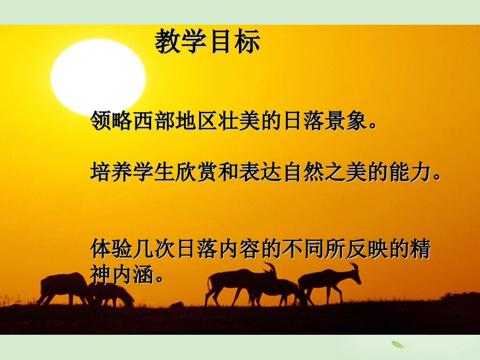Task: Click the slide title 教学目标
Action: [x=207, y=42]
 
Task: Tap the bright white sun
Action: [x=98, y=77]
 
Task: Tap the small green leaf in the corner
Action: [x=398, y=345]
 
